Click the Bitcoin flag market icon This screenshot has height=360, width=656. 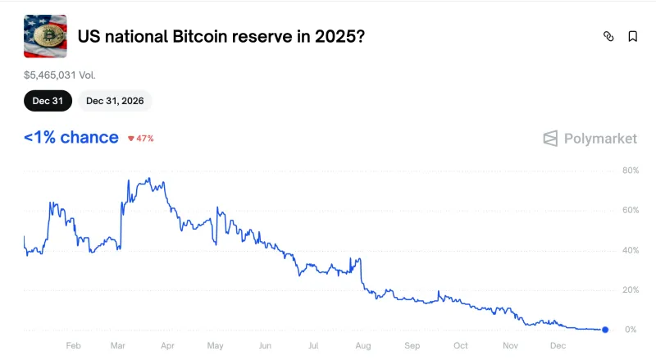pyautogui.click(x=45, y=36)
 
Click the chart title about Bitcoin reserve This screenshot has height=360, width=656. pyautogui.click(x=221, y=36)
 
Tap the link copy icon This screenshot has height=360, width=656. pyautogui.click(x=608, y=36)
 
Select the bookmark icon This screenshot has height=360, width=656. pyautogui.click(x=633, y=36)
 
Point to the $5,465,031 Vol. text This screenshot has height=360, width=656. pyautogui.click(x=61, y=75)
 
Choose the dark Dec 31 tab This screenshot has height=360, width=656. pyautogui.click(x=48, y=101)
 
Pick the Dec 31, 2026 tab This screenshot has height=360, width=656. pyautogui.click(x=115, y=101)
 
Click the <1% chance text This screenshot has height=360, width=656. pyautogui.click(x=71, y=137)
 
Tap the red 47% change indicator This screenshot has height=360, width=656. pyautogui.click(x=141, y=138)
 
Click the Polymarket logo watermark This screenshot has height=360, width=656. pyautogui.click(x=590, y=139)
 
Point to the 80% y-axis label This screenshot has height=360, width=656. pyautogui.click(x=630, y=171)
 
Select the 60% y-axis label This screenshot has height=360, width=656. pyautogui.click(x=630, y=211)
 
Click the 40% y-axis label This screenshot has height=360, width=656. pyautogui.click(x=630, y=250)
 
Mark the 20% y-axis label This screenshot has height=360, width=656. pyautogui.click(x=630, y=290)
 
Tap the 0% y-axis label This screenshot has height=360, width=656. pyautogui.click(x=631, y=330)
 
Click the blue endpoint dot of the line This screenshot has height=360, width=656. pyautogui.click(x=605, y=330)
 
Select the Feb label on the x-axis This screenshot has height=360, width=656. pyautogui.click(x=73, y=346)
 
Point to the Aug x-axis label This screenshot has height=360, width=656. pyautogui.click(x=363, y=346)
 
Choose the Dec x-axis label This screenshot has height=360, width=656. pyautogui.click(x=558, y=346)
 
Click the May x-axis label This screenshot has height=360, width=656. pyautogui.click(x=216, y=346)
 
